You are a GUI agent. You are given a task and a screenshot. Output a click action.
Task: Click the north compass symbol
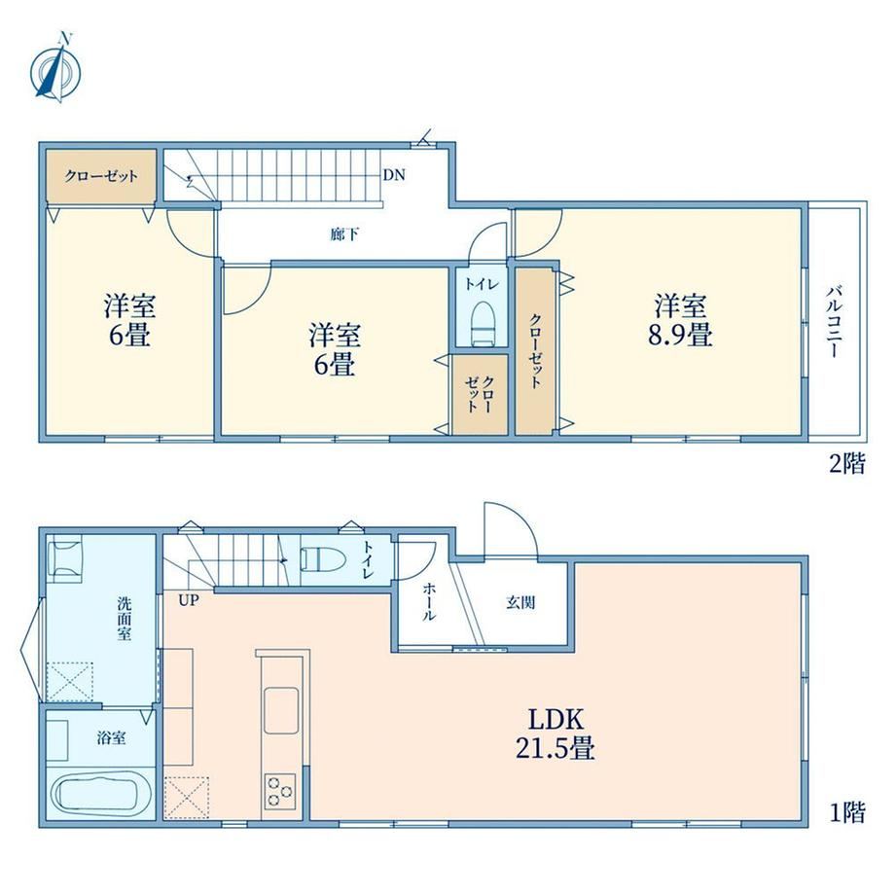click(x=56, y=70)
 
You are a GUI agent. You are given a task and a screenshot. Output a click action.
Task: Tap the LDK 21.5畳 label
click(x=555, y=734)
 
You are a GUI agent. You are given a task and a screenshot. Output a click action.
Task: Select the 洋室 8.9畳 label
click(x=680, y=320)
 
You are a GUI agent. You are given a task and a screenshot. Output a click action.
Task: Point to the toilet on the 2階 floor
click(x=483, y=323)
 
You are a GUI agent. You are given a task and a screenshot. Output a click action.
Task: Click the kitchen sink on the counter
click(x=281, y=710)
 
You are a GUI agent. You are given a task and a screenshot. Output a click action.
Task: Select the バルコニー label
click(x=835, y=322)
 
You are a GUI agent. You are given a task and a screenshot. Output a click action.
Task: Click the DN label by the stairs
click(x=394, y=175)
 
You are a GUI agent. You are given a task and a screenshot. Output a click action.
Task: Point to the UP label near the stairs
click(x=189, y=600)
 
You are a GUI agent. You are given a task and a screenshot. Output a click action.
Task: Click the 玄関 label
click(x=520, y=602)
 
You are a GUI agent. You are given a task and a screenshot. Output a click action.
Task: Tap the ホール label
click(x=429, y=601)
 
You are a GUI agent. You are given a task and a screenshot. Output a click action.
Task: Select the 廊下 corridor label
click(x=344, y=234)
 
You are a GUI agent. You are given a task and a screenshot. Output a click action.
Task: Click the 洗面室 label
click(x=125, y=618)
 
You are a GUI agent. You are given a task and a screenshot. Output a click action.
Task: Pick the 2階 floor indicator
click(x=847, y=463)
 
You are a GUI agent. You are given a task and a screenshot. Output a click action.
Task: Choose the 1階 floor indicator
click(x=847, y=812)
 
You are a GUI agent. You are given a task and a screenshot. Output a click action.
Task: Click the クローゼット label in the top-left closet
click(x=101, y=175)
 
